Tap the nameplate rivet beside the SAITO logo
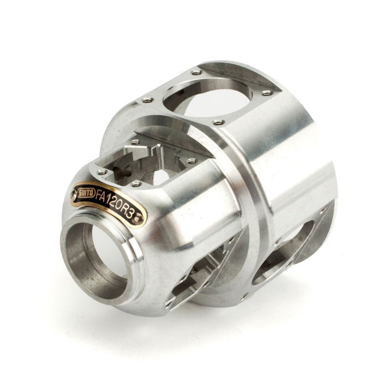point(74,194)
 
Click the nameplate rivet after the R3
point(140,216)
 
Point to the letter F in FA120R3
point(99,195)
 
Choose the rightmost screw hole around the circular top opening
point(267,93)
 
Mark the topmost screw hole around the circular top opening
point(197,73)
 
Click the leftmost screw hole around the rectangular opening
point(102,172)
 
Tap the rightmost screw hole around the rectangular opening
point(192,161)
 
